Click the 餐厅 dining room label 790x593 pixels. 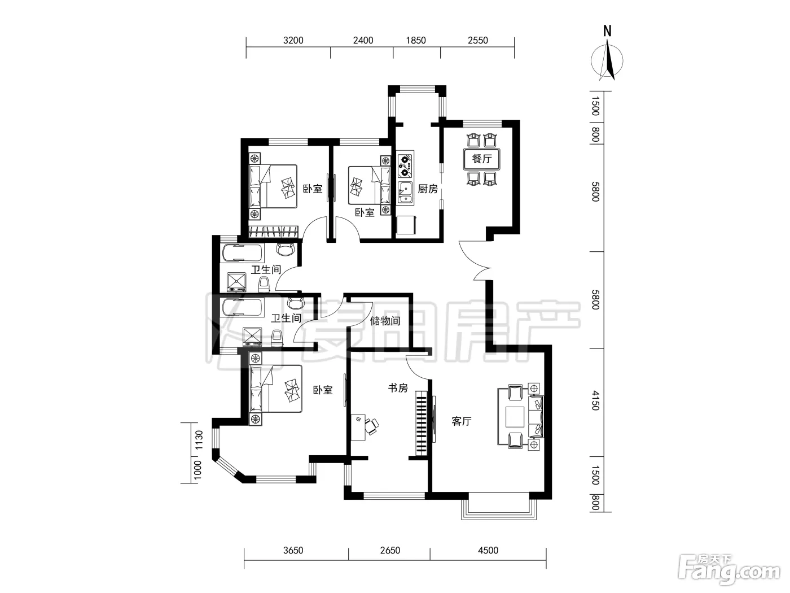tap(482, 159)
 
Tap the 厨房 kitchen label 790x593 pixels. tap(428, 189)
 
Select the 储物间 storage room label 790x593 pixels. tap(385, 320)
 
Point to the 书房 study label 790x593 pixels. tap(398, 388)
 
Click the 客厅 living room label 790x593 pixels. tap(462, 421)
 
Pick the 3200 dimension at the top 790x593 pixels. tap(293, 40)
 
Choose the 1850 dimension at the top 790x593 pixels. tap(416, 40)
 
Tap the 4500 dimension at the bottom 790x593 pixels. tap(488, 550)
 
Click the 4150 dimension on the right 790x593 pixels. tap(596, 401)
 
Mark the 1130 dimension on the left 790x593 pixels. tap(199, 440)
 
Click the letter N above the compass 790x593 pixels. tap(607, 31)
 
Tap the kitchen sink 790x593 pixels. tap(406, 193)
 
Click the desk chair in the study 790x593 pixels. tap(371, 426)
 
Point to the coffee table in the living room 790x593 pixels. tap(515, 417)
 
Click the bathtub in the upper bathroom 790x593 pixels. tap(243, 253)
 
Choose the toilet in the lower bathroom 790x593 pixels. tap(276, 338)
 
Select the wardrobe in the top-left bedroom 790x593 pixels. tap(274, 232)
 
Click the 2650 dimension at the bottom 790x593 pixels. tap(390, 550)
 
